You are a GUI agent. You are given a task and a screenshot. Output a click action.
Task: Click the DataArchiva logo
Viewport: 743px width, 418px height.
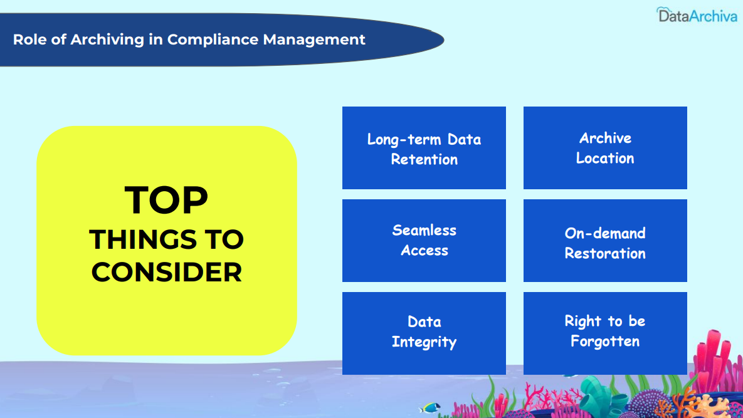(x=697, y=15)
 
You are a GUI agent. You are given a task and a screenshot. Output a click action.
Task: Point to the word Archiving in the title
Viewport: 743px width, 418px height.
(x=107, y=39)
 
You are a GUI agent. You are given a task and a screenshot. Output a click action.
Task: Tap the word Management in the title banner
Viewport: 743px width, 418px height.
(x=314, y=39)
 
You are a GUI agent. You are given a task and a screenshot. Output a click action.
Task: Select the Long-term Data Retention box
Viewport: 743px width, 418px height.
(x=424, y=148)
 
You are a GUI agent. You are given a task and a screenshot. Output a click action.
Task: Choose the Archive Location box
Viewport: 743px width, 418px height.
(x=605, y=148)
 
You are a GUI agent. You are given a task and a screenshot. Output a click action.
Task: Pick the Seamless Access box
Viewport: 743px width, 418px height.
(x=424, y=241)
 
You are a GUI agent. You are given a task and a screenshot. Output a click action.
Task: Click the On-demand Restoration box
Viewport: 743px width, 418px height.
(x=605, y=241)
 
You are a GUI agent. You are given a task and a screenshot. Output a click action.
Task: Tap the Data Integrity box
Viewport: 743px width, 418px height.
(x=424, y=333)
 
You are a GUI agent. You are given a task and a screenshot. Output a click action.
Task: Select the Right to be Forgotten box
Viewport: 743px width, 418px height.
(x=605, y=333)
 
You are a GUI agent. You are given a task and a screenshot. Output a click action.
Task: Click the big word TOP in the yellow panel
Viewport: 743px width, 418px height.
(x=166, y=200)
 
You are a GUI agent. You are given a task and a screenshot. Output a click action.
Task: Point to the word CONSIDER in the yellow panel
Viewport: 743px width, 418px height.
(x=167, y=272)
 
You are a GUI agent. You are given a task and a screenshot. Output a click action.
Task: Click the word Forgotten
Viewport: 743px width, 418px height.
(x=605, y=342)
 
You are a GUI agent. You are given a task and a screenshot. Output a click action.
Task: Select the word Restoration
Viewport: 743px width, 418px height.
(x=605, y=253)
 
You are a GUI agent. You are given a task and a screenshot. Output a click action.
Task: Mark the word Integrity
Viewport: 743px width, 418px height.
(x=424, y=342)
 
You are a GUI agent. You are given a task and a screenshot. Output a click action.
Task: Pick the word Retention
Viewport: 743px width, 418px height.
(x=424, y=160)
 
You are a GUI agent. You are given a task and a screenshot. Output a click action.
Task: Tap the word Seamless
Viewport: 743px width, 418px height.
(x=424, y=231)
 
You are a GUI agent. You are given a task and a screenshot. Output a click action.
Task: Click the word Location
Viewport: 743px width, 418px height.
(x=605, y=158)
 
